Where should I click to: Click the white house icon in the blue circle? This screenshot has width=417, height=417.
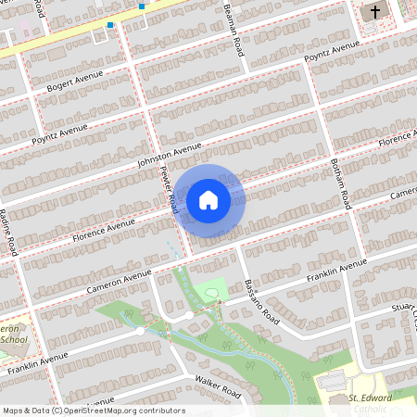pyautogui.click(x=208, y=199)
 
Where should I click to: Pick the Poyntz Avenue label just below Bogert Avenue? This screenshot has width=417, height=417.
pyautogui.click(x=60, y=133)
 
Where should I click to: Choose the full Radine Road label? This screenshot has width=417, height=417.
pyautogui.click(x=8, y=232)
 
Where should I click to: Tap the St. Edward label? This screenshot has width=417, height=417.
pyautogui.click(x=371, y=398)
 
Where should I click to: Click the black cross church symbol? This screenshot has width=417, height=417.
pyautogui.click(x=374, y=12)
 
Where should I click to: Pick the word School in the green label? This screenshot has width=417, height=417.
pyautogui.click(x=13, y=339)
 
